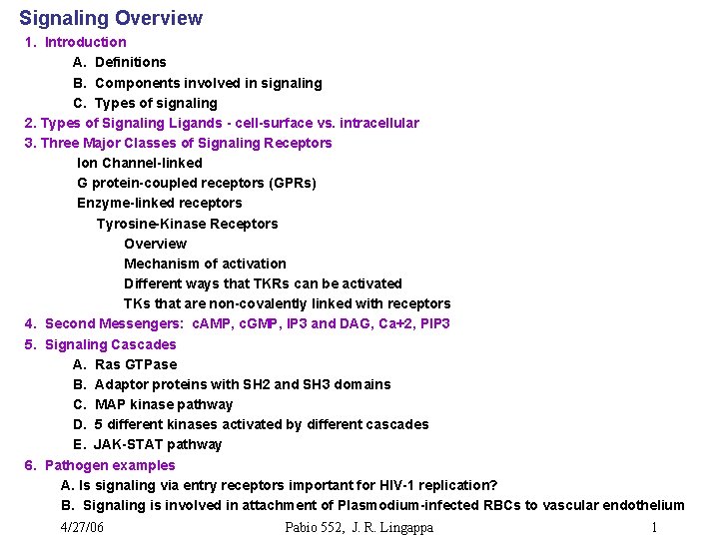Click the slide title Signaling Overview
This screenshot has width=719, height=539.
coord(111,18)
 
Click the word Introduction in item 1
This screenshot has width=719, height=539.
coord(86,42)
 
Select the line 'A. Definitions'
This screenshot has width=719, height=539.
coord(120,62)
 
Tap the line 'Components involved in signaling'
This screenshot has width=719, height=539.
coord(208,83)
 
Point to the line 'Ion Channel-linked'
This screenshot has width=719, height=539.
coord(140,163)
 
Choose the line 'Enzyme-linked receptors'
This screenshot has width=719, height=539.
coord(160,203)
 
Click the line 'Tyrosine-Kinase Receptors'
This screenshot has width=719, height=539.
coord(187,224)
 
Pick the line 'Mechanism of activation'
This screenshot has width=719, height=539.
coord(205,264)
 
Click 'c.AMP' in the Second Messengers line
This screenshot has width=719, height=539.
coord(210,323)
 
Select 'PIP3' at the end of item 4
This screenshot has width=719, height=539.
coord(434,323)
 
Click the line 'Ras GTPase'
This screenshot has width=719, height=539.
coord(136,364)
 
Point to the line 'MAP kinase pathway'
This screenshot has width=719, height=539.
coord(164,404)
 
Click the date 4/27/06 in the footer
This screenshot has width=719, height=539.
coord(82,527)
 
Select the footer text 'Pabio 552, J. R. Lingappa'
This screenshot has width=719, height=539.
coord(359,527)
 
